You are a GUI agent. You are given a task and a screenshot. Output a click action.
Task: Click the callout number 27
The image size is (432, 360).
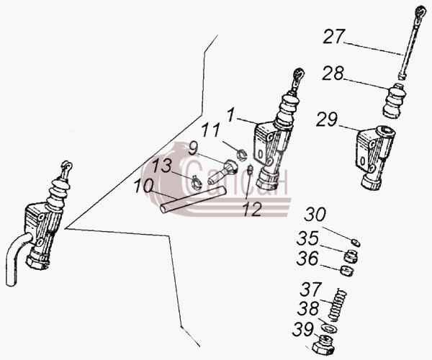[334, 36]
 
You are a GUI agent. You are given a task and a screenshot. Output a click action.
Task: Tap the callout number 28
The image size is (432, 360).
[333, 73]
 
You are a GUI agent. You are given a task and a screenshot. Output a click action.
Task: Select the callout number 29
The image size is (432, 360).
[327, 120]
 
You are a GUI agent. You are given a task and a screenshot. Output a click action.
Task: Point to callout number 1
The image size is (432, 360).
[231, 115]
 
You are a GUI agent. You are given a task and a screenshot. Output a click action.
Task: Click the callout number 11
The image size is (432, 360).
[211, 130]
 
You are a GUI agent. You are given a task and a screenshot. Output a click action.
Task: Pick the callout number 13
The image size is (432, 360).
[162, 166]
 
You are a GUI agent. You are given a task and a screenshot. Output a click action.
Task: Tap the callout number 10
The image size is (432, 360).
[143, 186]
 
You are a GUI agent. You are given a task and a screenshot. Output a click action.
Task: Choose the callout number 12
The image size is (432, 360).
[252, 210]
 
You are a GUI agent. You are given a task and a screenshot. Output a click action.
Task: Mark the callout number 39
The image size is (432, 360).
[303, 330]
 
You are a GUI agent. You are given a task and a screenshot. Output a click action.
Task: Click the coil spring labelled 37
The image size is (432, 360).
[338, 305]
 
